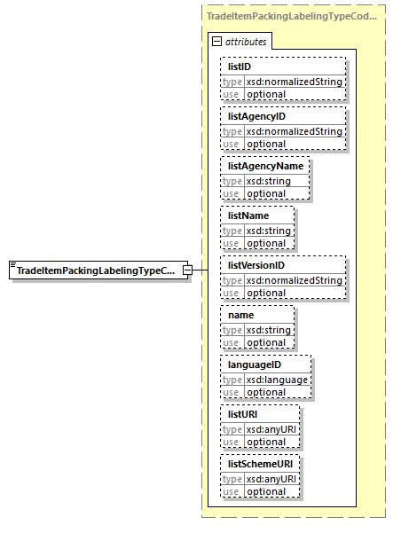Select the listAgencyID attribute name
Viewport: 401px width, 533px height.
coord(256,116)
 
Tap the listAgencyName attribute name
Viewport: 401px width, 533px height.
coord(265,166)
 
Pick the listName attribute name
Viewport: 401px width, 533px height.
coord(248,216)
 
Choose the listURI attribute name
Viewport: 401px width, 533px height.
coord(243,414)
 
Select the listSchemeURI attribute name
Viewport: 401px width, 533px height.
coord(260,464)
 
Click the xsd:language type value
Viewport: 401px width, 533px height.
coord(277,380)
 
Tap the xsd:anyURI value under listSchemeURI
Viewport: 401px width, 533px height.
coord(272,479)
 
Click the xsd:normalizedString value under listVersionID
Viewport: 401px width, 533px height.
coord(294,280)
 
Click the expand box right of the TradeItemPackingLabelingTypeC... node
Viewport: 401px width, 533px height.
coord(187,270)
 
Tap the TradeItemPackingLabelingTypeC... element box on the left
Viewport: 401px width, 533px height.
coord(96,270)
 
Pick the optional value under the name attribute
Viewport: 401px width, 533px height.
coord(266,342)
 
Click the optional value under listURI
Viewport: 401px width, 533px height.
coord(266,442)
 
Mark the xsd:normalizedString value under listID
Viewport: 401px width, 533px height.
coord(294,82)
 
